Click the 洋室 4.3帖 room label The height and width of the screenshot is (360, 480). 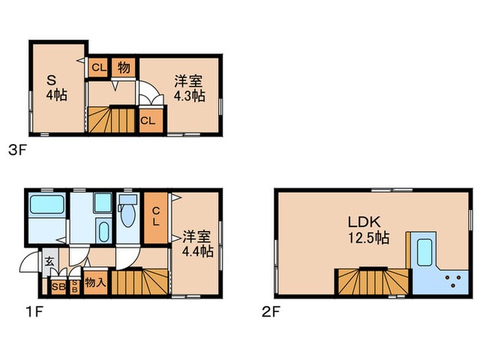189,88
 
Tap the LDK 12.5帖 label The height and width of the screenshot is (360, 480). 369,230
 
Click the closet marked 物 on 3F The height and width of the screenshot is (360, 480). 123,67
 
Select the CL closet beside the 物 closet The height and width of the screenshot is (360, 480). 98,67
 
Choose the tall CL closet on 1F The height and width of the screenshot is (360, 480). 156,218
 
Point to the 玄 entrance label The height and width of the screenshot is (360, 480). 50,261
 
